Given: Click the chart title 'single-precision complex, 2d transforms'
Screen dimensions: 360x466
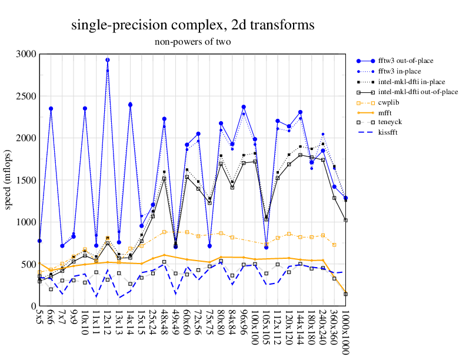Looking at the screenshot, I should pyautogui.click(x=192, y=25).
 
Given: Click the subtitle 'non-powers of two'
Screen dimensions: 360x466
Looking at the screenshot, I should pyautogui.click(x=192, y=42).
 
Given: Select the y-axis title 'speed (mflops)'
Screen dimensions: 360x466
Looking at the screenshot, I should pyautogui.click(x=9, y=180).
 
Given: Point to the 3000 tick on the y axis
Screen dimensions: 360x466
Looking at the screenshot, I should pyautogui.click(x=26, y=54).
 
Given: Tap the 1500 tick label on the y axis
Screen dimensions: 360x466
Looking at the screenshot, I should pyautogui.click(x=26, y=180).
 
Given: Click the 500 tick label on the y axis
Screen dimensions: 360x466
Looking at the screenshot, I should pyautogui.click(x=28, y=264).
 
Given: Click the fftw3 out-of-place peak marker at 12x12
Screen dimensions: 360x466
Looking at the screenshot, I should pyautogui.click(x=108, y=60).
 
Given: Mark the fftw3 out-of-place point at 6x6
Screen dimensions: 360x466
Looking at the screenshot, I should pyautogui.click(x=51, y=109).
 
